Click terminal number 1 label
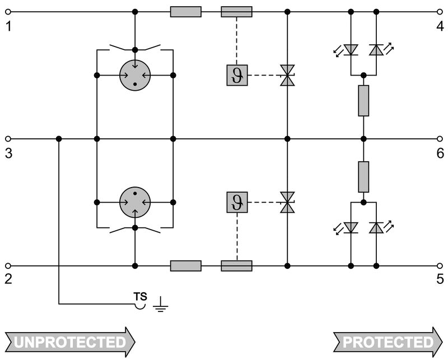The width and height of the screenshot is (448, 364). (8, 26)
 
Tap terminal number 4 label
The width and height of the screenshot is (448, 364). (440, 26)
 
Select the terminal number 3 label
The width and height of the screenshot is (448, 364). (8, 153)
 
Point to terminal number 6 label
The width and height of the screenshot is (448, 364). (440, 153)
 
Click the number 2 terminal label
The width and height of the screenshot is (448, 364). (8, 279)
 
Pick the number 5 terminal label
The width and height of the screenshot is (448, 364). (440, 279)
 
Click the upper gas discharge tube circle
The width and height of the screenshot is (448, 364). (135, 75)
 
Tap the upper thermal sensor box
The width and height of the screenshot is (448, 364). (236, 75)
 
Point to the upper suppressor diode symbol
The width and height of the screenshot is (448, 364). (287, 75)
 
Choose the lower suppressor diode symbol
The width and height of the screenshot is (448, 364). (287, 202)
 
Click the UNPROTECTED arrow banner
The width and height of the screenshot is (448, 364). (70, 342)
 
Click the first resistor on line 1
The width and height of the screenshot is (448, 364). (185, 12)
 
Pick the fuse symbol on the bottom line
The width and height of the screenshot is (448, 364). (236, 265)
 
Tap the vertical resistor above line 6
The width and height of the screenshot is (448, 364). (363, 101)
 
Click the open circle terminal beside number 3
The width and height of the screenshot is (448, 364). (8, 138)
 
